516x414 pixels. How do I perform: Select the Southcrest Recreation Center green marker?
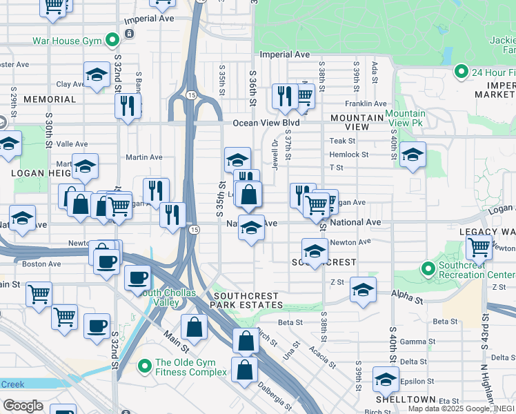coord(428,268)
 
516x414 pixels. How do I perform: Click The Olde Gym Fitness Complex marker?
coord(144,366)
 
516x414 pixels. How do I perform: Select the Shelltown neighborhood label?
coord(406,400)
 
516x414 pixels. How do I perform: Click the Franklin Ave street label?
coord(366,103)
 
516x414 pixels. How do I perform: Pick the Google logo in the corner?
coord(23,405)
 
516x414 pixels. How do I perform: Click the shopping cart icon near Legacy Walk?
coord(479,246)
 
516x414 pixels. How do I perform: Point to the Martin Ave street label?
coord(143,157)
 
